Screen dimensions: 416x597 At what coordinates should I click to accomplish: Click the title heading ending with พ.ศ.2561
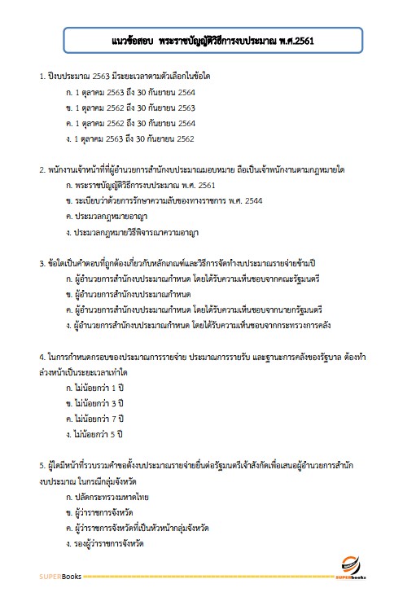point(207,38)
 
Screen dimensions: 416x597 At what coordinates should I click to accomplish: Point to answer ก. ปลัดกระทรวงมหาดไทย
point(107,496)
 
